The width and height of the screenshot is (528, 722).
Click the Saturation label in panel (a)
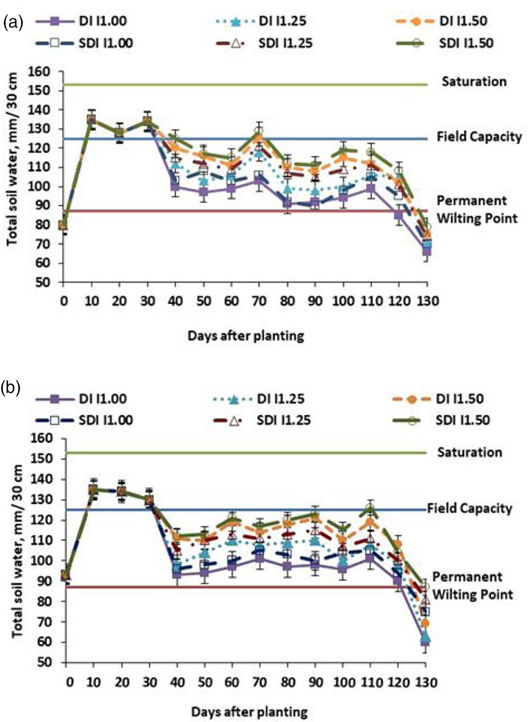pos(474,82)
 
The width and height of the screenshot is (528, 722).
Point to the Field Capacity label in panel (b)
pos(470,508)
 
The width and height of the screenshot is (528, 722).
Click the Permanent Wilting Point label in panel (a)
pos(477,209)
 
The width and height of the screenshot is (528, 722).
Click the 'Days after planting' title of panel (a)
pos(246,336)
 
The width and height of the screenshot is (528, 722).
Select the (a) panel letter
pos(13,22)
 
